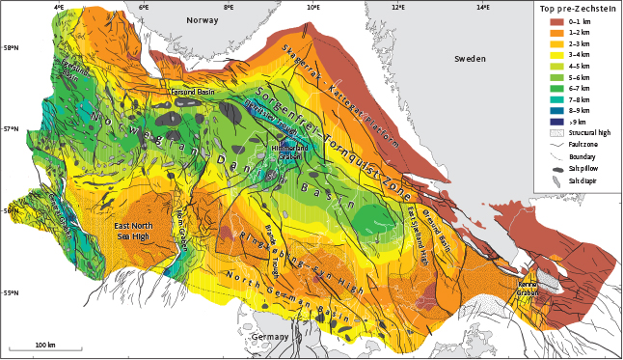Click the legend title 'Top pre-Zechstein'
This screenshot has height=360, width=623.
click(x=576, y=9)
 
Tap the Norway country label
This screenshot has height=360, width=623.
click(x=203, y=19)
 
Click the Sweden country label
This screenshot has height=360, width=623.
click(x=472, y=59)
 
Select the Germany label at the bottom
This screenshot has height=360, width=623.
click(x=272, y=336)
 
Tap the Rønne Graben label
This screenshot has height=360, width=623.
click(x=527, y=289)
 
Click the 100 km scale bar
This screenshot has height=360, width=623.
click(x=44, y=348)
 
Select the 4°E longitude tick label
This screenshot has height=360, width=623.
click(x=59, y=8)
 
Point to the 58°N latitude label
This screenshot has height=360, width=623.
click(x=10, y=48)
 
